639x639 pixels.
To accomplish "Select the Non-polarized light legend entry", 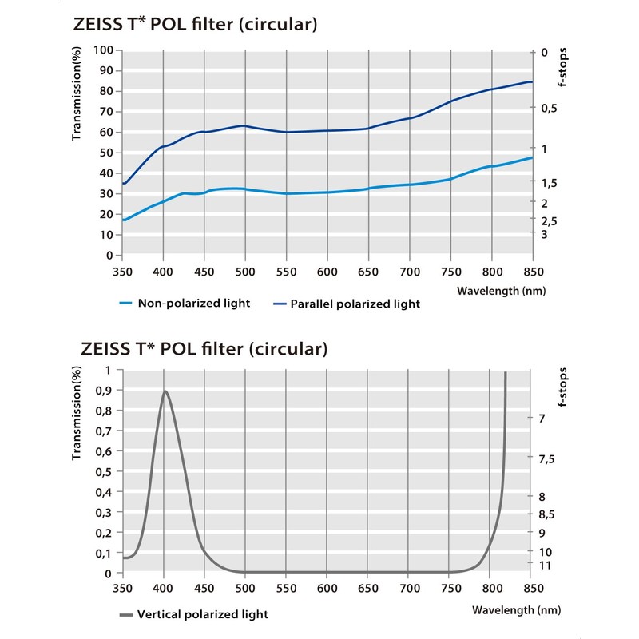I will coord(194,304).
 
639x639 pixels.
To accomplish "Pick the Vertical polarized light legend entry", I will coord(203,614).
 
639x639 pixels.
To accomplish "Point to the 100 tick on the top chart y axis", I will coord(103,50).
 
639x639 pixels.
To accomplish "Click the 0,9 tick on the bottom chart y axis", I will coord(105,391).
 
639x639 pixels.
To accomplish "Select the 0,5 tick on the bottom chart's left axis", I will coord(105,472).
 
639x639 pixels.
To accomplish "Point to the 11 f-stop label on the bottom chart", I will coord(546,565).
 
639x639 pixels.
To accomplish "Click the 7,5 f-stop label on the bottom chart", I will coord(549,459).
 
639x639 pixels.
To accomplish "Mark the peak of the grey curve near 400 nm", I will coord(165,391).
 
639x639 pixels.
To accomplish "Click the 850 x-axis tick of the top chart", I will coord(531,272).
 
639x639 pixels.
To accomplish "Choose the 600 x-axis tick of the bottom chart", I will coord(327,589).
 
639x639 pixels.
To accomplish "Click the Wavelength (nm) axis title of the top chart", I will coord(501,292).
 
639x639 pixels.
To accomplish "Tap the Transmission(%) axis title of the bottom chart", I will coord(77,415).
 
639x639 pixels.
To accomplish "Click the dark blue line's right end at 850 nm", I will coord(531,81).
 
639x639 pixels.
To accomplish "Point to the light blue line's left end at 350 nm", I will coord(123,220).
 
